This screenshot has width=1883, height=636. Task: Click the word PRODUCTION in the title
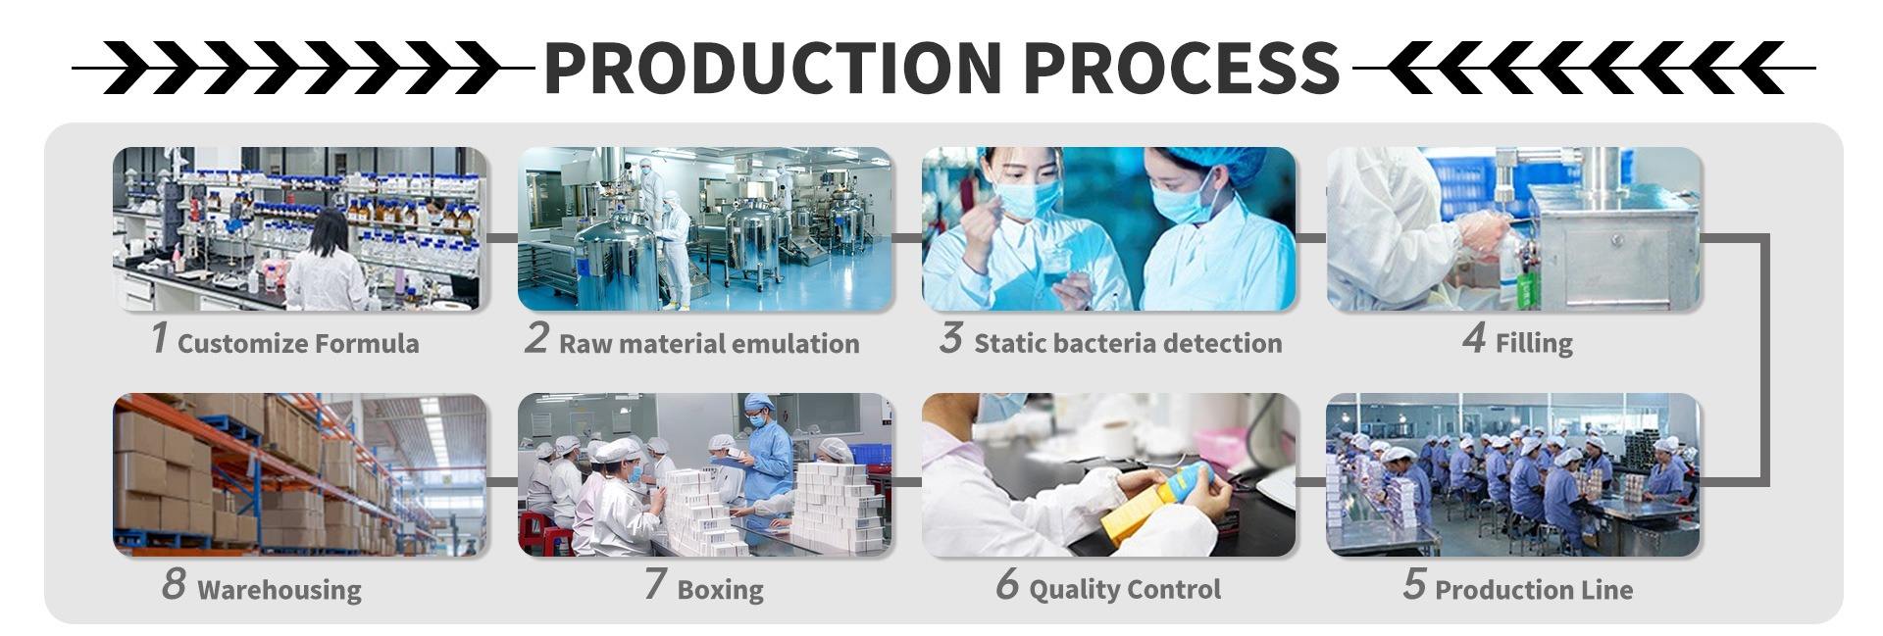click(773, 68)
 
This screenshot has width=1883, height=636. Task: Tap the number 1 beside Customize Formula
click(159, 338)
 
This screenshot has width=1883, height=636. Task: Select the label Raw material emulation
click(709, 343)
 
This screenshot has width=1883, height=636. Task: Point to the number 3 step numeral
click(949, 338)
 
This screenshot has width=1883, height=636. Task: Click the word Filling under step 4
click(1534, 343)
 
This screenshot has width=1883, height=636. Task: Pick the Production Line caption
click(1534, 589)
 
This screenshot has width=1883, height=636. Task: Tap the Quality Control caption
click(1125, 589)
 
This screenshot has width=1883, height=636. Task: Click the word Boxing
click(720, 590)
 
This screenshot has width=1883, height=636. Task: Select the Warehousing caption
click(280, 590)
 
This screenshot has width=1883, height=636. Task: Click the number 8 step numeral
click(174, 584)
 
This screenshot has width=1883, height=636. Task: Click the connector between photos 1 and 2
click(502, 237)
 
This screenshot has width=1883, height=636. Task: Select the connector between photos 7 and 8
click(502, 481)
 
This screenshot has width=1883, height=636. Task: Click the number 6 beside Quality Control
click(1007, 584)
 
